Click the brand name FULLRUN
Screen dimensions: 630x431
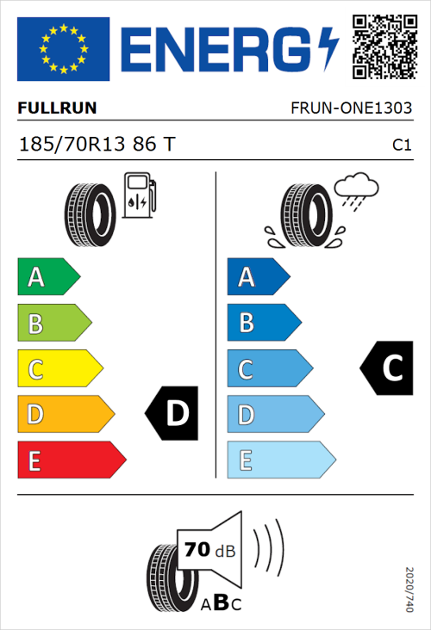coord(57,108)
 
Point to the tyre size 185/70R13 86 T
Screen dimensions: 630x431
coord(97,144)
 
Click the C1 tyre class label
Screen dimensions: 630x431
coord(402,145)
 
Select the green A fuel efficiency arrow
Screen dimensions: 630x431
coord(47,277)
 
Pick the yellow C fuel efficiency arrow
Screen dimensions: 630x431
coord(59,369)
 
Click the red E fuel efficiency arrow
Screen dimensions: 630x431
coord(71,460)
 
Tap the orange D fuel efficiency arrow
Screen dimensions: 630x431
coord(65,415)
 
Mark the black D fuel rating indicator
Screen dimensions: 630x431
coord(172,414)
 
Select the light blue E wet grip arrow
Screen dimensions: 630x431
coord(280,460)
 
